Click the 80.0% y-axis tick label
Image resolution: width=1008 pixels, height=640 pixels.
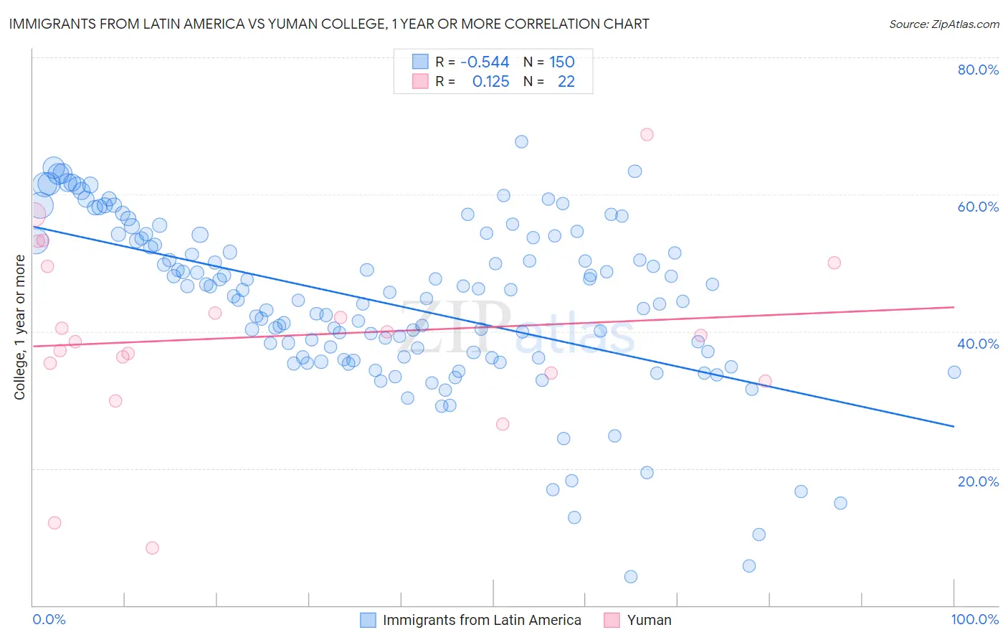coord(978,70)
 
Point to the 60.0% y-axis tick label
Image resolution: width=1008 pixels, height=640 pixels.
coord(978,207)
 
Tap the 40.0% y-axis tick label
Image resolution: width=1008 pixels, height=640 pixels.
coord(978,344)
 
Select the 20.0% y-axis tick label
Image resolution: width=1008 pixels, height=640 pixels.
coord(978,481)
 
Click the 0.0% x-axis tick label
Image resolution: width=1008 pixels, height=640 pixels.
coord(49,619)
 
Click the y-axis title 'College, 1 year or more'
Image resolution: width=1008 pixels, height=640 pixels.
coord(20,327)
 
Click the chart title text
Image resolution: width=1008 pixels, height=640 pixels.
coord(329,24)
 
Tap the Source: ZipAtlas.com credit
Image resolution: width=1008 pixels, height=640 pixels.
coord(943,24)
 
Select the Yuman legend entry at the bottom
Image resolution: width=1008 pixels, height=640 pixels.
coord(649,620)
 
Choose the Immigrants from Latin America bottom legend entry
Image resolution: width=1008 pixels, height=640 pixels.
coord(482,620)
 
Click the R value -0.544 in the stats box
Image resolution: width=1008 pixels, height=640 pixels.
coord(485,62)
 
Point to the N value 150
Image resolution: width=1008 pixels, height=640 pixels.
coord(562,62)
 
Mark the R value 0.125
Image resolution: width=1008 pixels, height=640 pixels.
coord(490,81)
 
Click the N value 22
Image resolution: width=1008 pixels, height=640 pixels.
coord(566,81)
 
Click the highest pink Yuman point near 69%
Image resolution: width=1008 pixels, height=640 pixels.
coord(647,134)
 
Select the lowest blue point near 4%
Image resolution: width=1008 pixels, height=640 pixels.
coord(631,576)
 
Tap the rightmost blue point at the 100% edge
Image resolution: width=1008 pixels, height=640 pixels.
coord(954,372)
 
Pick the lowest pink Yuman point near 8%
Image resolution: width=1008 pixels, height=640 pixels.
coord(152,547)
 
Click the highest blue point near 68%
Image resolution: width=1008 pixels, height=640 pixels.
coord(521,141)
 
